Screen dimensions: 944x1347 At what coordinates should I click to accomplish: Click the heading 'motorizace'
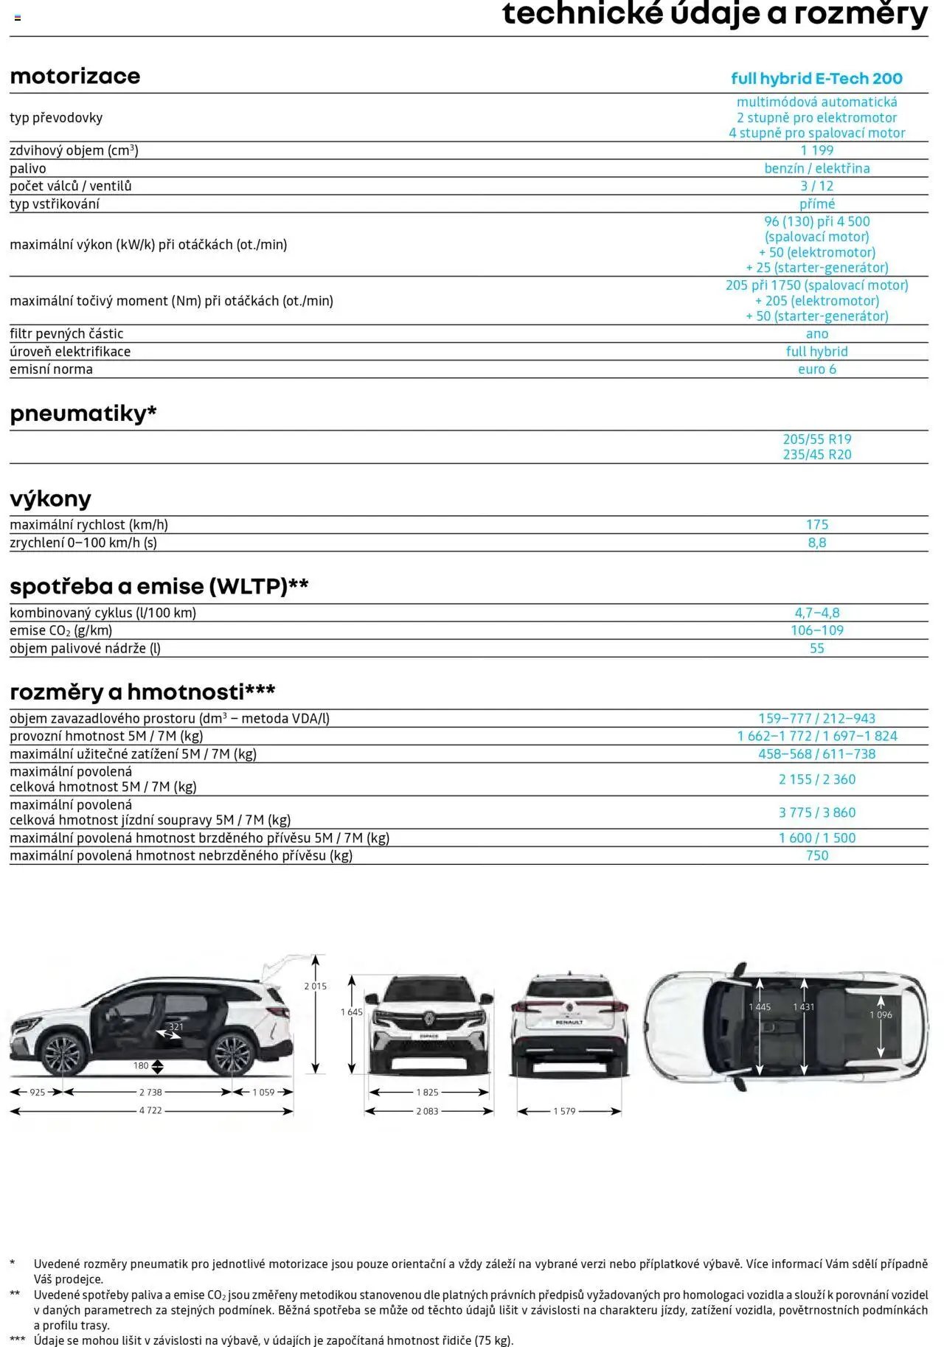74,76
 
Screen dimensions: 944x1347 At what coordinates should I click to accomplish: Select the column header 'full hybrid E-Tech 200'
816,79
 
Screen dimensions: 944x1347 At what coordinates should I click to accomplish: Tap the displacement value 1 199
816,150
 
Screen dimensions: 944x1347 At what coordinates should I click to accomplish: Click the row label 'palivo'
28,168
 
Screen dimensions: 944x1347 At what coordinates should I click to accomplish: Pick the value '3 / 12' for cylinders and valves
816,186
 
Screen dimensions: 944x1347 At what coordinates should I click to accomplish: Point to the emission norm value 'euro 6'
816,369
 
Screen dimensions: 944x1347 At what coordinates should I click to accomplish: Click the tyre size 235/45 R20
816,455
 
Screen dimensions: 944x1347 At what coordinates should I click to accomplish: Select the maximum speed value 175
816,525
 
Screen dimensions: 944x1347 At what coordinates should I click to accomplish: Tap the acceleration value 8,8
816,543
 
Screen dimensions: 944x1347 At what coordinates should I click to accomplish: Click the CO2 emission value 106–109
816,630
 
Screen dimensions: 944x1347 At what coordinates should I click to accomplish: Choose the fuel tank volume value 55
816,649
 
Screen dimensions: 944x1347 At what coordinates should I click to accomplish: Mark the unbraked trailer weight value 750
816,856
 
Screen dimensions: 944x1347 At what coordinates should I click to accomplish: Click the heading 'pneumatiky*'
83,414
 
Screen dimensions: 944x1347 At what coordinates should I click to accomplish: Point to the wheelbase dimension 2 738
150,1093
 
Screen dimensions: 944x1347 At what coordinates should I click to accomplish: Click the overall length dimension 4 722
150,1111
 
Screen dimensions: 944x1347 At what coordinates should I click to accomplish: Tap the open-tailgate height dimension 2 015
315,986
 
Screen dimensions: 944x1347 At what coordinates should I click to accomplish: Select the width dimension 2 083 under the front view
427,1111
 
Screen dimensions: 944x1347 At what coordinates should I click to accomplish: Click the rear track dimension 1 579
564,1111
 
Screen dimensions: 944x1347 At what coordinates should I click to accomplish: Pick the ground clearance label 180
141,1065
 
